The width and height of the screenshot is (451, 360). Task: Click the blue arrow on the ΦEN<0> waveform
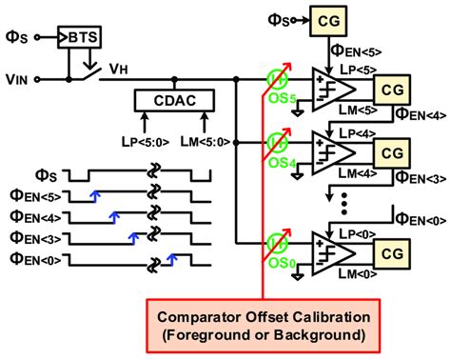click(173, 256)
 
